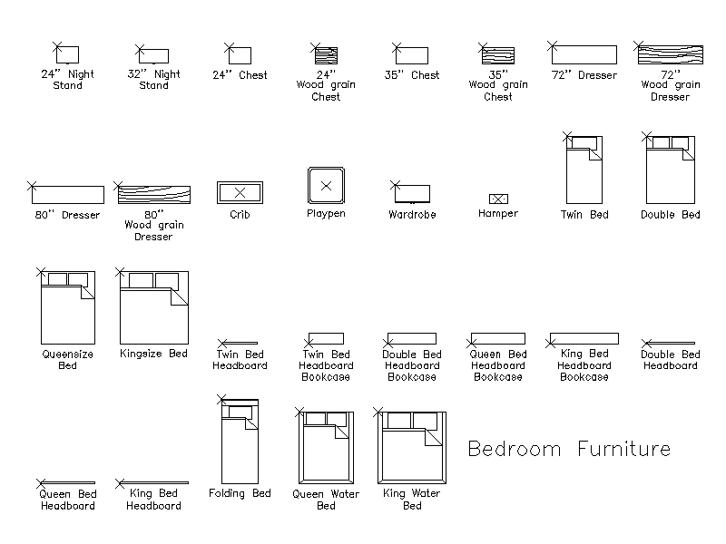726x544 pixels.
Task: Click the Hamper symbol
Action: pyautogui.click(x=498, y=199)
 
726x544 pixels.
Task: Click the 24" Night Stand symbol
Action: pyautogui.click(x=67, y=54)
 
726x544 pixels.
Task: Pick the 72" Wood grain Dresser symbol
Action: pyautogui.click(x=670, y=54)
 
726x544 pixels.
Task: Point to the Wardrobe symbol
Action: pyautogui.click(x=412, y=193)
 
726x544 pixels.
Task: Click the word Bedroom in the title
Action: pyautogui.click(x=515, y=449)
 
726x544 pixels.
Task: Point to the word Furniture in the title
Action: pyautogui.click(x=623, y=449)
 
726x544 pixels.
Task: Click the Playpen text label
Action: pyautogui.click(x=326, y=214)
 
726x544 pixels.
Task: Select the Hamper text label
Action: pyautogui.click(x=498, y=213)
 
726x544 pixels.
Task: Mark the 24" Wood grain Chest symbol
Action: pyautogui.click(x=326, y=55)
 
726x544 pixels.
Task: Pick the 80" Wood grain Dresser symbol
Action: pyautogui.click(x=153, y=194)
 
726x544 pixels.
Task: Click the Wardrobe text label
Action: pyautogui.click(x=412, y=214)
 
